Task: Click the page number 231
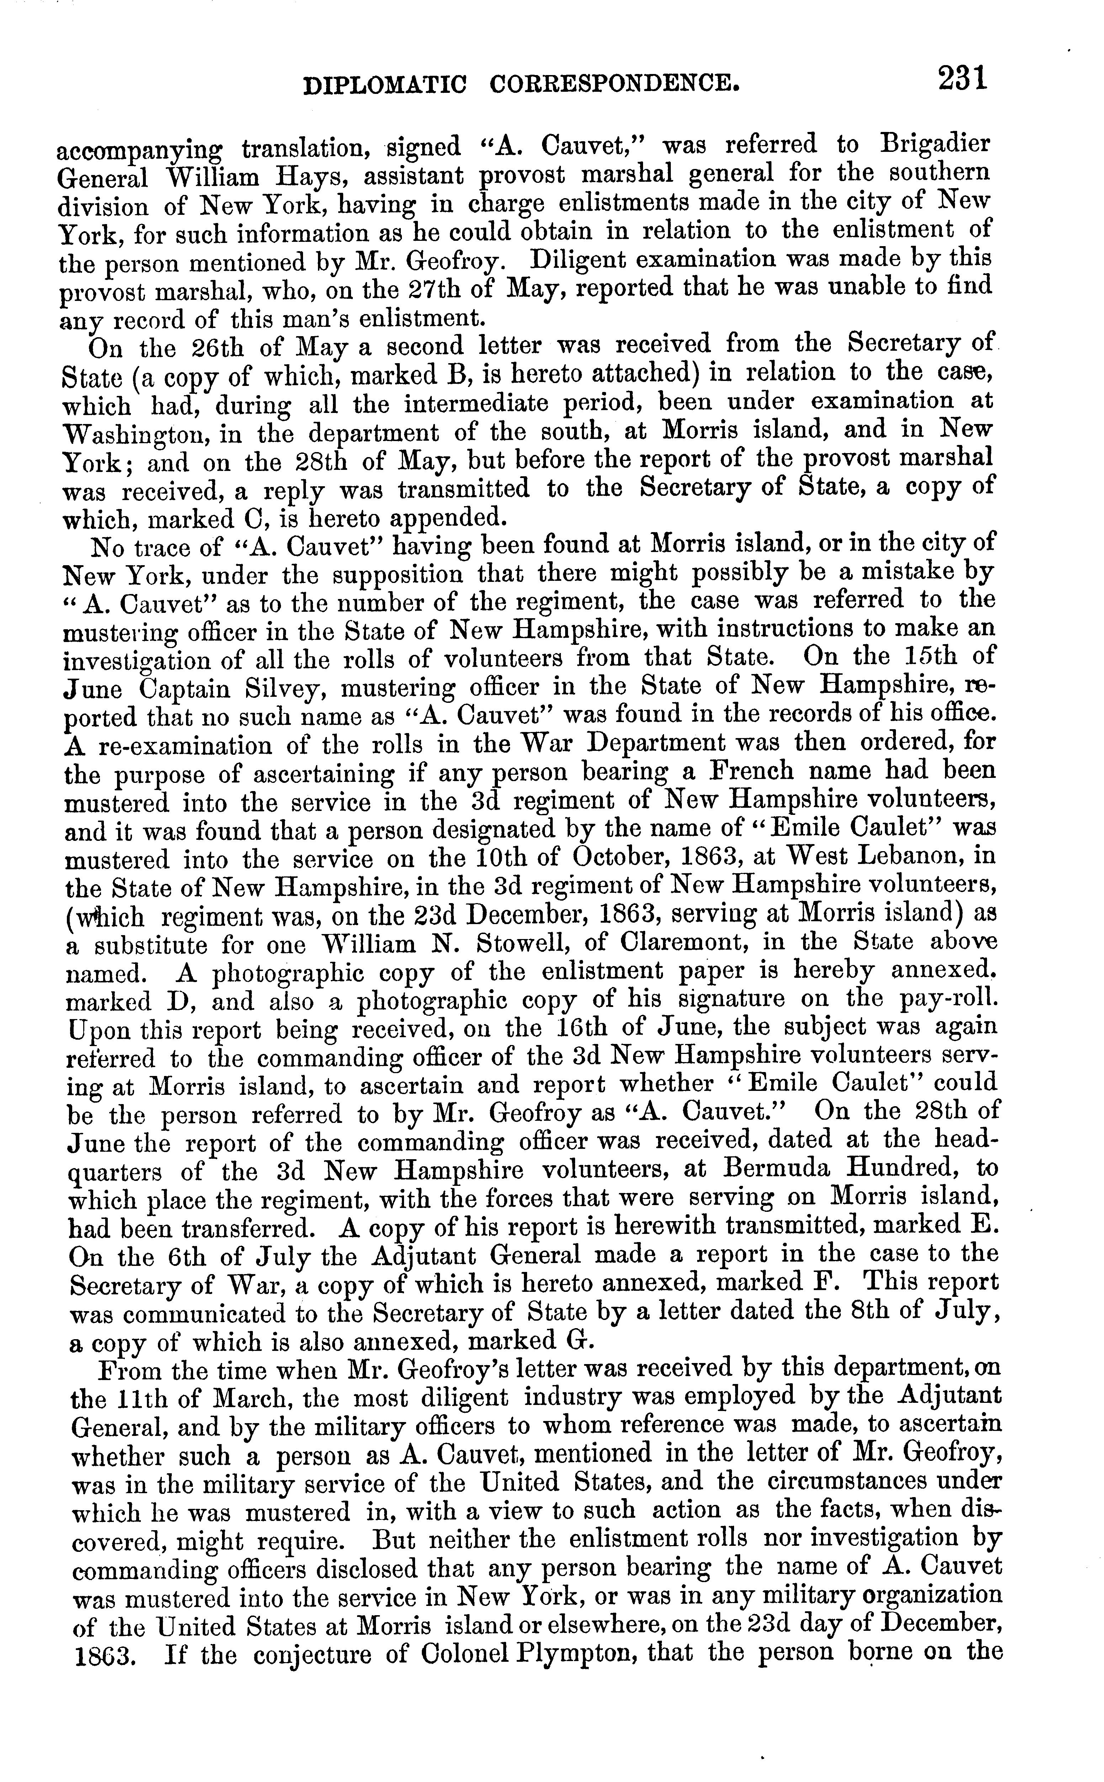click(x=962, y=79)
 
